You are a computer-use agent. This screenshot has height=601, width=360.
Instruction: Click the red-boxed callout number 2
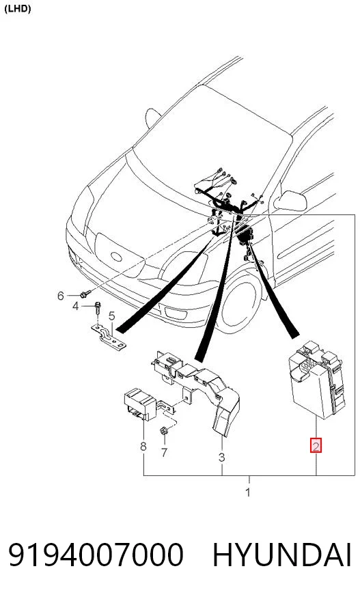click(x=316, y=446)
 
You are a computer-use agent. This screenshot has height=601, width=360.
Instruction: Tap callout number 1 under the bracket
click(x=248, y=492)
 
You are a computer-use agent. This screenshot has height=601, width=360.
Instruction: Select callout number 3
click(x=221, y=458)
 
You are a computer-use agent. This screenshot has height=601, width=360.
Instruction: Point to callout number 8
click(x=143, y=446)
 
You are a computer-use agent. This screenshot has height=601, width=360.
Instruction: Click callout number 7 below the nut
click(x=164, y=453)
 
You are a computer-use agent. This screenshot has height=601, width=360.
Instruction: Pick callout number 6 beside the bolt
click(x=61, y=296)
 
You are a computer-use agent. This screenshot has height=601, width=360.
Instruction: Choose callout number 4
click(x=76, y=306)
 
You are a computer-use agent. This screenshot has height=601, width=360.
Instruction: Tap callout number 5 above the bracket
click(x=111, y=316)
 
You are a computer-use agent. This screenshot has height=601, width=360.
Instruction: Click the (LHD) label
click(x=17, y=9)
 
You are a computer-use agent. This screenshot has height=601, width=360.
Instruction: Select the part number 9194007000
click(x=96, y=555)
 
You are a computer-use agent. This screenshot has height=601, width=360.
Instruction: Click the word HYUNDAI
click(x=282, y=555)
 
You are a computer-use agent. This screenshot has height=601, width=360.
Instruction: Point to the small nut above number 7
click(x=163, y=431)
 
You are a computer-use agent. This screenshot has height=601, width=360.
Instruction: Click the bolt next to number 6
click(x=85, y=294)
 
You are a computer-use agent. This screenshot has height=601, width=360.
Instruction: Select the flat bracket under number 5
click(x=109, y=337)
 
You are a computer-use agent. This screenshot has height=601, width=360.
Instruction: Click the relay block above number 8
click(x=139, y=404)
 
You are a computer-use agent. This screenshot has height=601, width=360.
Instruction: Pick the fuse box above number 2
click(x=316, y=380)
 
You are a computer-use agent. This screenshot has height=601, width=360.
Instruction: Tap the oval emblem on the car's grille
click(x=116, y=256)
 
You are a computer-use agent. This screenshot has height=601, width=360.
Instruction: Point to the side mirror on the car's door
click(x=292, y=201)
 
